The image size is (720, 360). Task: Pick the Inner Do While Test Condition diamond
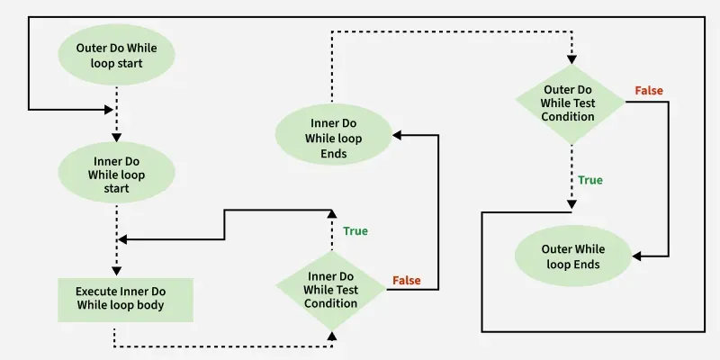pos(333,289)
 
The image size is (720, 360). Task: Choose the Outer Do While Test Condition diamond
pos(570,103)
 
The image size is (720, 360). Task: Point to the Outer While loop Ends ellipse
pos(573,256)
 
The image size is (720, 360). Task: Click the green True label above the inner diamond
pos(355,231)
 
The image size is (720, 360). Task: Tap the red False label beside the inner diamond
pos(407,281)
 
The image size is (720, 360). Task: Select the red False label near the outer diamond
pos(649,91)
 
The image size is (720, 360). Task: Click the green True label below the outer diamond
pos(590,180)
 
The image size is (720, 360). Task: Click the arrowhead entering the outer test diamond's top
pos(570,60)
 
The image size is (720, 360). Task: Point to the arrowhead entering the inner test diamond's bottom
pos(333,336)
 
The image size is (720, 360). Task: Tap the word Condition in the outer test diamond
pos(569,116)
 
